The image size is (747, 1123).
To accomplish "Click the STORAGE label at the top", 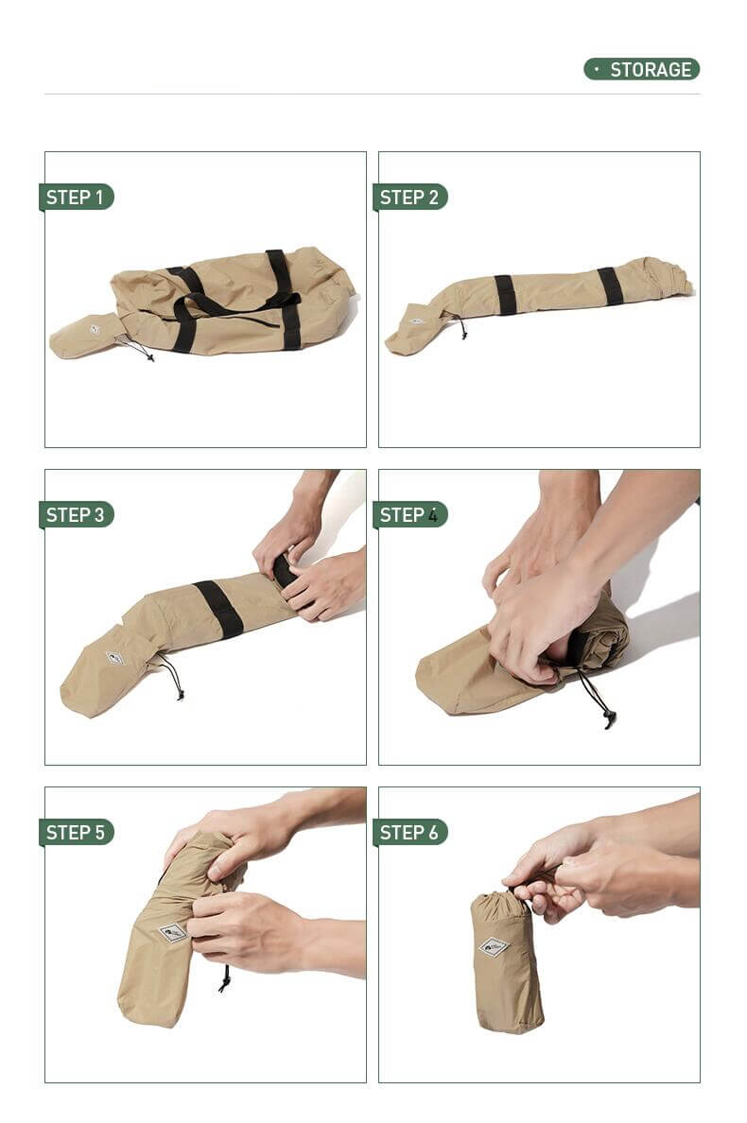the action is (x=641, y=69).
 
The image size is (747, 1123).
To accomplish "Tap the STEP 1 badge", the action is (x=76, y=197).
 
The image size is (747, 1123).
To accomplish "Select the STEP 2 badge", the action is (x=409, y=197).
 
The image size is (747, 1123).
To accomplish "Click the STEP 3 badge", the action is (x=76, y=514).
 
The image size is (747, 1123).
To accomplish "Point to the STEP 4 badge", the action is (x=409, y=514).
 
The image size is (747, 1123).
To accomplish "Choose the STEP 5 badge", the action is (x=76, y=832).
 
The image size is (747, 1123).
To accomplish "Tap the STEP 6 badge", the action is (x=409, y=832).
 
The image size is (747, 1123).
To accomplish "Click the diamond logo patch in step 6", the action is (x=495, y=947).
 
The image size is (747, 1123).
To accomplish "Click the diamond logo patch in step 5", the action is (x=173, y=932).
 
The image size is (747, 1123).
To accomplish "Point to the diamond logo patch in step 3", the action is (x=113, y=658).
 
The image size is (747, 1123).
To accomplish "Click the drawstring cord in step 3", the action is (x=173, y=677).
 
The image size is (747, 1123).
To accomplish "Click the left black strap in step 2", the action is (x=505, y=294).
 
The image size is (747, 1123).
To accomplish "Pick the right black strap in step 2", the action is (x=610, y=285).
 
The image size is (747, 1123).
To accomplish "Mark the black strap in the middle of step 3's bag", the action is (x=219, y=609).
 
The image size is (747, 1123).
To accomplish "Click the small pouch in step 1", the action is (x=87, y=336).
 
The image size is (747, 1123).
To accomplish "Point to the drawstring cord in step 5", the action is (x=225, y=978).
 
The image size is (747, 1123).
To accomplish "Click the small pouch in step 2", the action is (x=414, y=327).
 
